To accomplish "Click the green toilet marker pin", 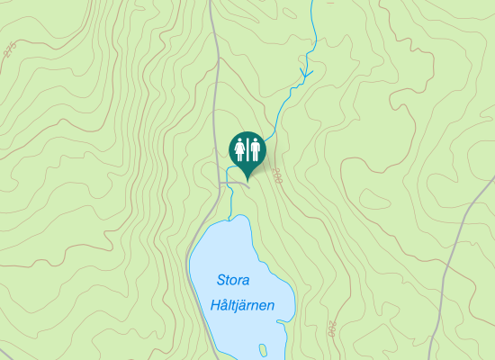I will coord(247,150).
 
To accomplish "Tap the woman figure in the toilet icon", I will coord(240,148).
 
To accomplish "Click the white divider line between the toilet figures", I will coord(247,148).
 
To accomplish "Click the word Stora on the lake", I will coord(233,281).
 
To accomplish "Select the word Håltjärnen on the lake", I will coord(241,305).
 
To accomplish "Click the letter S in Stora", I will coord(220,281).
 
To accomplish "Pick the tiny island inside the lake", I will coord(263,348).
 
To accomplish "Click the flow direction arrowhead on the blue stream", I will coord(305,71).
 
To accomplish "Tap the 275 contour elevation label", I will coord(10,50).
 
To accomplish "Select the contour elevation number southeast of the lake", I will coord(330,328).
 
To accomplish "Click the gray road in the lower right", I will coord(450,270).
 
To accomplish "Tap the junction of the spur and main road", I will coord(220,184).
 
